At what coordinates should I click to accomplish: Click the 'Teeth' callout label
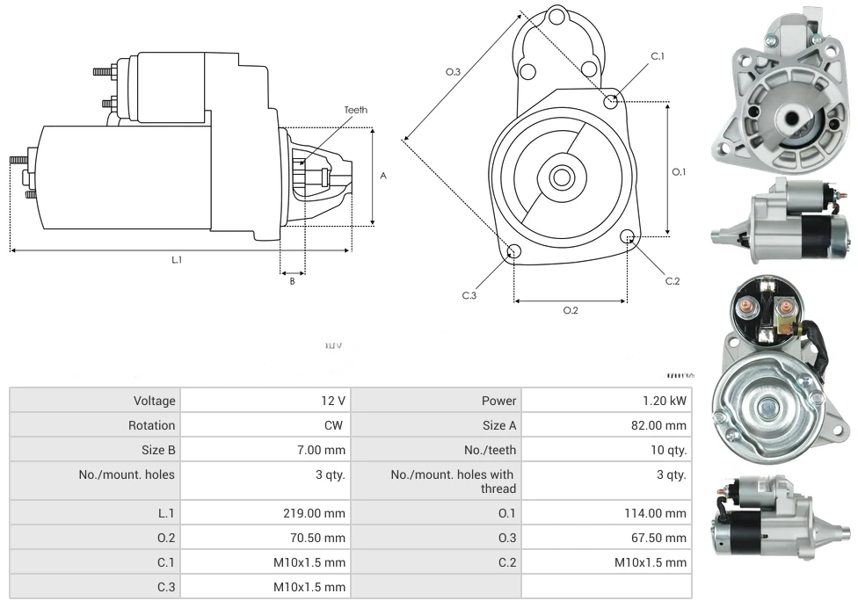click(355, 110)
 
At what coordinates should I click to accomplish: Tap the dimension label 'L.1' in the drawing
click(177, 259)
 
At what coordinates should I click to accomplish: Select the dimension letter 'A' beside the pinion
click(383, 176)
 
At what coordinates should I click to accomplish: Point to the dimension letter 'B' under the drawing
click(293, 281)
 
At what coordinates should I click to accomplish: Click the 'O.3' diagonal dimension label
click(453, 72)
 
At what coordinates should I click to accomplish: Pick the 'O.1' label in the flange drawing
click(679, 172)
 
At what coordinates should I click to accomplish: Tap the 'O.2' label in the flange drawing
click(571, 310)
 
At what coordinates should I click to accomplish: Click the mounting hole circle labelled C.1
click(611, 102)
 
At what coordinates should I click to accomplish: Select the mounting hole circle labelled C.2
click(628, 237)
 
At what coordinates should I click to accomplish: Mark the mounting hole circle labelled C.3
click(514, 253)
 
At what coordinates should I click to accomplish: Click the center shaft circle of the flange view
click(561, 177)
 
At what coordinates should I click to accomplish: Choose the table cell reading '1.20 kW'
click(665, 401)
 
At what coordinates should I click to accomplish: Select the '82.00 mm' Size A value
click(658, 425)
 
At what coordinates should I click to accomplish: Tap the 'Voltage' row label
click(154, 401)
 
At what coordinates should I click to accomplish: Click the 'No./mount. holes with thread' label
click(454, 481)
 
